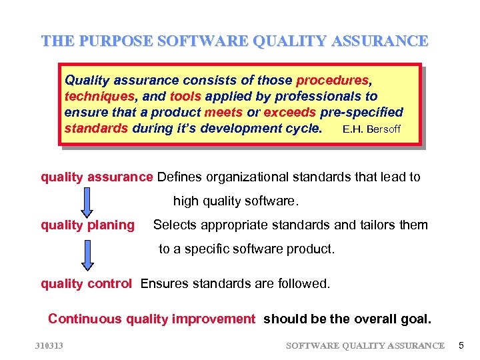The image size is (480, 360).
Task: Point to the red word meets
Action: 223,112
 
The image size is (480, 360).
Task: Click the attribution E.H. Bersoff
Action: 371,129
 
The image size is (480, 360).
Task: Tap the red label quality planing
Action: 87,225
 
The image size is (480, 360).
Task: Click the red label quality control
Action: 86,283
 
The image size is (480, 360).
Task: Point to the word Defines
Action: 179,177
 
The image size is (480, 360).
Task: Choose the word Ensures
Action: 164,283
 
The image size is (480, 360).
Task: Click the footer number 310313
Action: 49,345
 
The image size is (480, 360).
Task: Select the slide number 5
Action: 460,345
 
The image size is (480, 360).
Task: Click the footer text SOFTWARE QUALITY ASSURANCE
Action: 365,345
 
